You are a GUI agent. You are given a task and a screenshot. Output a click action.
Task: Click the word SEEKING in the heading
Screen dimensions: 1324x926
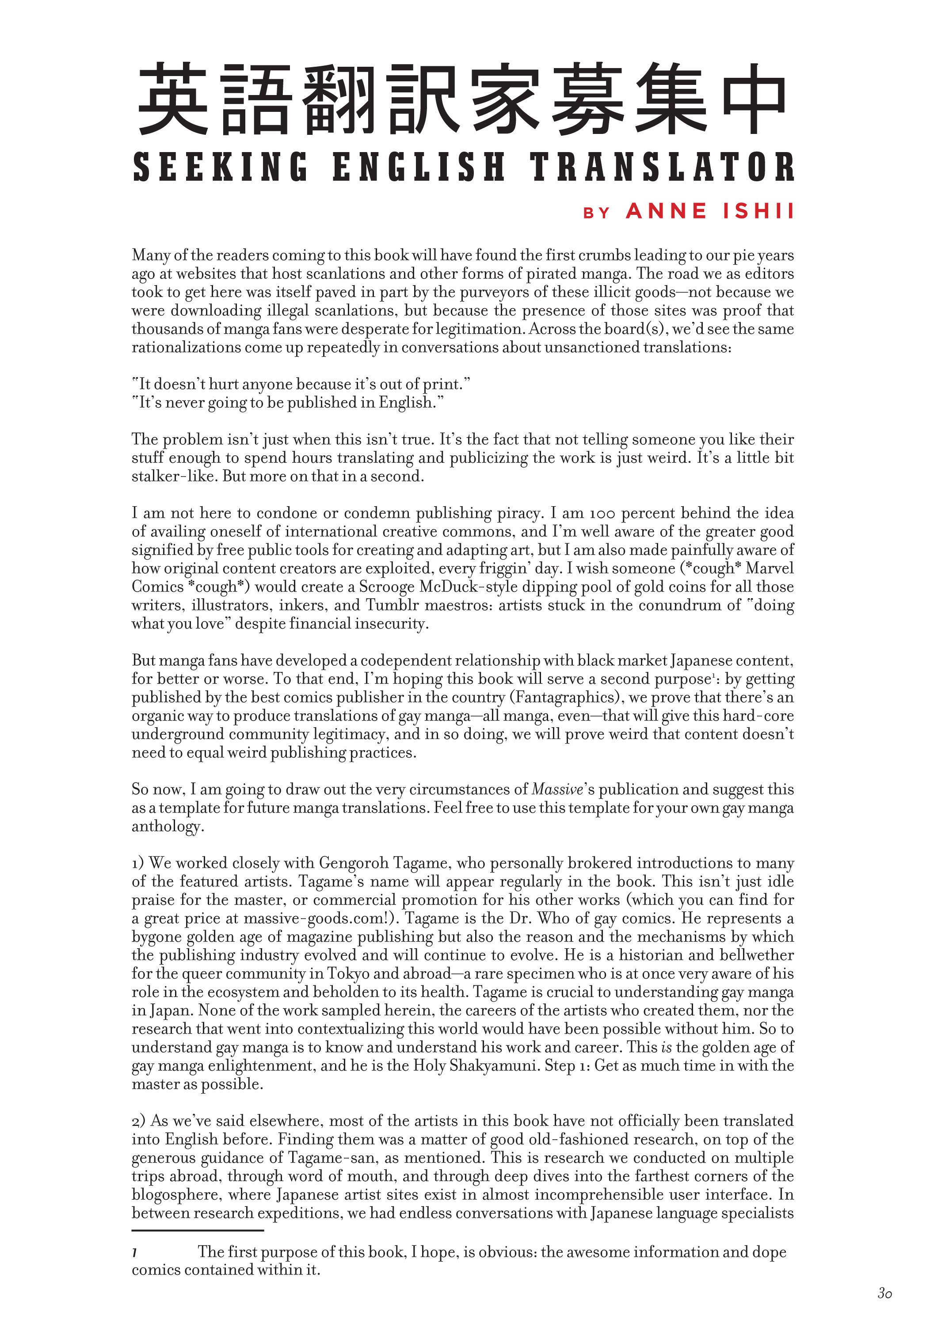point(220,167)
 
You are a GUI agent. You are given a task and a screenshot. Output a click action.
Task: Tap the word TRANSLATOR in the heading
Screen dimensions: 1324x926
point(662,167)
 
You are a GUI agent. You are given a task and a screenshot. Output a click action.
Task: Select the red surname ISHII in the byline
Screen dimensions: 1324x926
point(758,212)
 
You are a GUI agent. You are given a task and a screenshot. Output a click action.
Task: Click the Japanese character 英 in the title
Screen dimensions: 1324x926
point(172,99)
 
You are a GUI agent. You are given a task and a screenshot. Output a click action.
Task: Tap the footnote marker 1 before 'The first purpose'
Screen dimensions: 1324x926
point(134,1252)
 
